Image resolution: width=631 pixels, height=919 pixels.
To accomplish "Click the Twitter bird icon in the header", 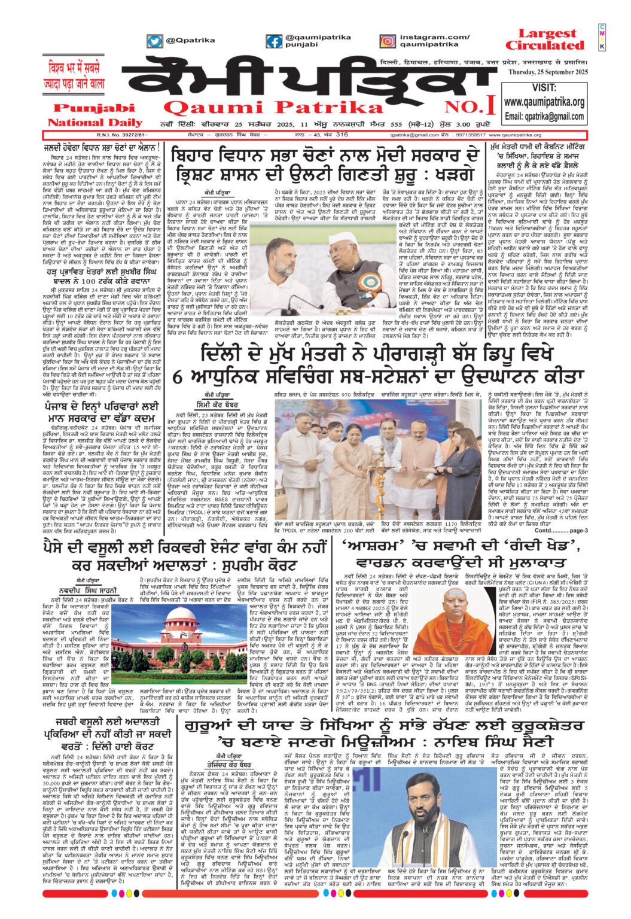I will pyautogui.click(x=155, y=41).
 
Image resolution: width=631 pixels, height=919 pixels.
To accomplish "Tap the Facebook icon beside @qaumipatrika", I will pyautogui.click(x=275, y=41).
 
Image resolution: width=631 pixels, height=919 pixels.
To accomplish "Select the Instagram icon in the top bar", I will pyautogui.click(x=388, y=41).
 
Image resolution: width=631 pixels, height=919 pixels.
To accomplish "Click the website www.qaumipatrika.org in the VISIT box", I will pyautogui.click(x=544, y=102).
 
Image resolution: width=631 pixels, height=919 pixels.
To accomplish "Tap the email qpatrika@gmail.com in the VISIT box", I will pyautogui.click(x=544, y=116).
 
